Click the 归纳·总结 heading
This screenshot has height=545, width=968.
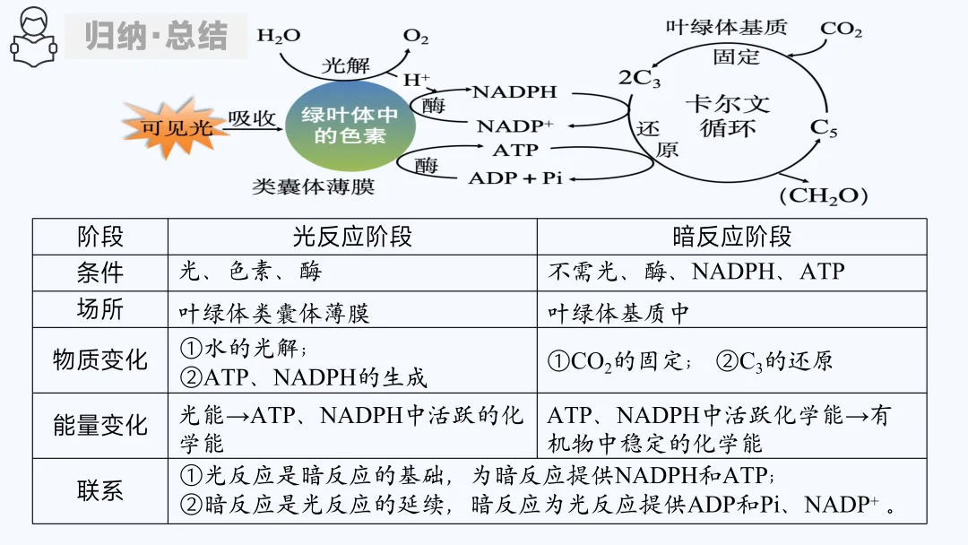pos(156,37)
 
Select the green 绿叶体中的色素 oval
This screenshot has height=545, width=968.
pos(350,126)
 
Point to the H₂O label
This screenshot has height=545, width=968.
pos(279,36)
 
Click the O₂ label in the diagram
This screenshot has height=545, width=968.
pos(415,37)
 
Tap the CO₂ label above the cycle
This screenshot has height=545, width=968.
pos(841,29)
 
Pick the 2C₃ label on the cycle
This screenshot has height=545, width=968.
pos(639,78)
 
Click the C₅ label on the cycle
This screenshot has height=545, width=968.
pos(824,128)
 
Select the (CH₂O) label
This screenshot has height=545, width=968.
pos(823,195)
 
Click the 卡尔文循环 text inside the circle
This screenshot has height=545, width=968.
pos(727,116)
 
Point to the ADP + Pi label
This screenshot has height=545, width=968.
pos(514,177)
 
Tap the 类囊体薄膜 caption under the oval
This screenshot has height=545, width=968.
pos(313,186)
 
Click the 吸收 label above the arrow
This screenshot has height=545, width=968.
pos(252,118)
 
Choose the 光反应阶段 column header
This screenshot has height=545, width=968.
pos(352,237)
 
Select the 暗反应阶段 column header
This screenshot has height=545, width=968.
pos(731,237)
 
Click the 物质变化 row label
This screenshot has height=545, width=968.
pos(100,360)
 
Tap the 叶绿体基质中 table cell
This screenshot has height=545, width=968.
pos(618,313)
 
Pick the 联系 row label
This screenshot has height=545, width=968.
pos(100,491)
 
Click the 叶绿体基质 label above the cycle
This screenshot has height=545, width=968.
pos(726,27)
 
